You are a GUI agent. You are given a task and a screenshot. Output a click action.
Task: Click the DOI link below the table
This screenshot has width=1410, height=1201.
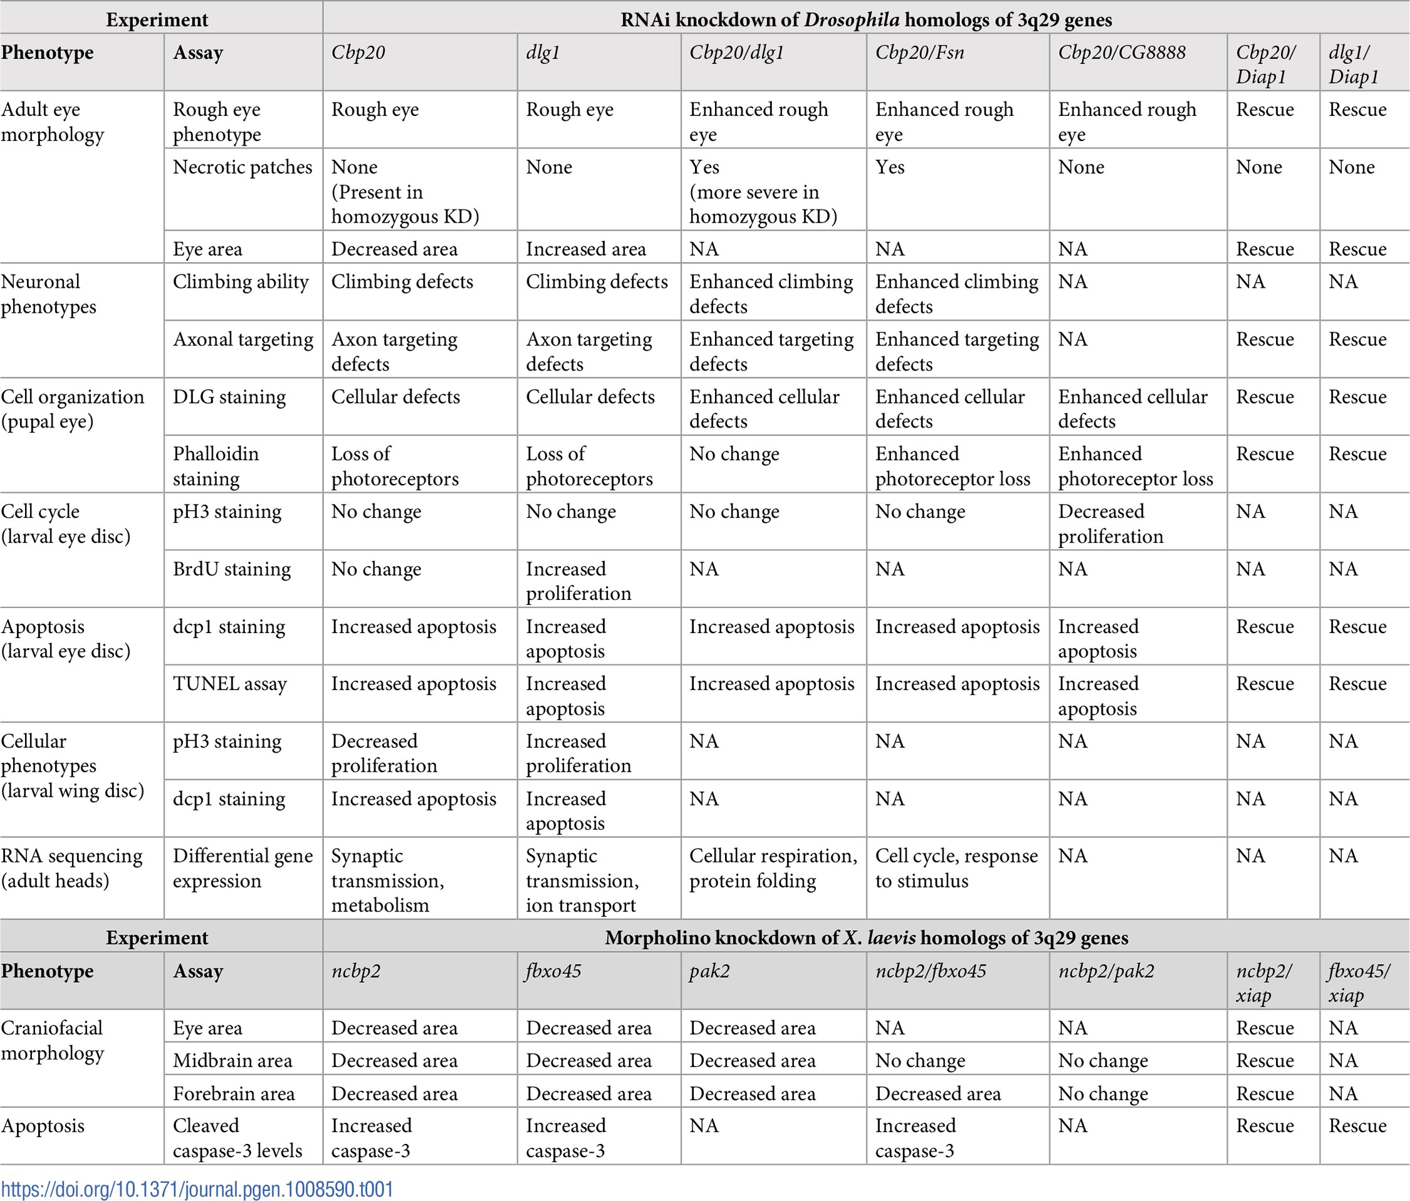click(x=197, y=1188)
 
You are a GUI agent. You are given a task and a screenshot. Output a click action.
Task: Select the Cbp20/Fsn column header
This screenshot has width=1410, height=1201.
click(x=919, y=53)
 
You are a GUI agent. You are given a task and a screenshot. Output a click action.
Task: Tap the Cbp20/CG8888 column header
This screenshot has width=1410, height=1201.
click(x=1122, y=53)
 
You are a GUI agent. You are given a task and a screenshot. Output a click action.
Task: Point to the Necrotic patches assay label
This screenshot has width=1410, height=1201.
click(x=243, y=167)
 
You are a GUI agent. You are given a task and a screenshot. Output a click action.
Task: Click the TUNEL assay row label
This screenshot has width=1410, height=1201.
click(x=229, y=684)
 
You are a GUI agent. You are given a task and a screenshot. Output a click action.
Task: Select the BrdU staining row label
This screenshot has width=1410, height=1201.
click(x=231, y=569)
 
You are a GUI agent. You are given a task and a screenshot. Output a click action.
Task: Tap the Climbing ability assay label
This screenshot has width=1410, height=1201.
click(x=240, y=282)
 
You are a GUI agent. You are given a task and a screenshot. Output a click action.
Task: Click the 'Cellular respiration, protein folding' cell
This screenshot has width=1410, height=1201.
click(x=773, y=868)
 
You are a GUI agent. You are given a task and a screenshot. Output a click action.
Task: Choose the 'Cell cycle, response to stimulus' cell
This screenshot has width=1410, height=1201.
click(x=956, y=868)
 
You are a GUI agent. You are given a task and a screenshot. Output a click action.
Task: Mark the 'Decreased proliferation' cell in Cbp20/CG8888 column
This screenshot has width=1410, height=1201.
click(x=1110, y=523)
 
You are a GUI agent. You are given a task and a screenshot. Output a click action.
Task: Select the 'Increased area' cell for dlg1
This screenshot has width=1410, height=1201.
click(x=586, y=249)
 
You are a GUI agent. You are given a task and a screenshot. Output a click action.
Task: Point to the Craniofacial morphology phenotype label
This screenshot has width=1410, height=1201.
click(x=53, y=1041)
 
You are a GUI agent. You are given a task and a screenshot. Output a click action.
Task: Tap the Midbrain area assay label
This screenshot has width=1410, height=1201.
click(x=232, y=1060)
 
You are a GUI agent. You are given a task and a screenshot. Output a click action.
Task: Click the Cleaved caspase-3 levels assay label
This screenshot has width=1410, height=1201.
click(x=237, y=1138)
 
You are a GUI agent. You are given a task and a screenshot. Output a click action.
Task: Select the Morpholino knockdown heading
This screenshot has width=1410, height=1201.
click(x=866, y=938)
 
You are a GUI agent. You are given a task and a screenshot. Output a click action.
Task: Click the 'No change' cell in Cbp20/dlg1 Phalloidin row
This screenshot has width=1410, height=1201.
click(x=734, y=454)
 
